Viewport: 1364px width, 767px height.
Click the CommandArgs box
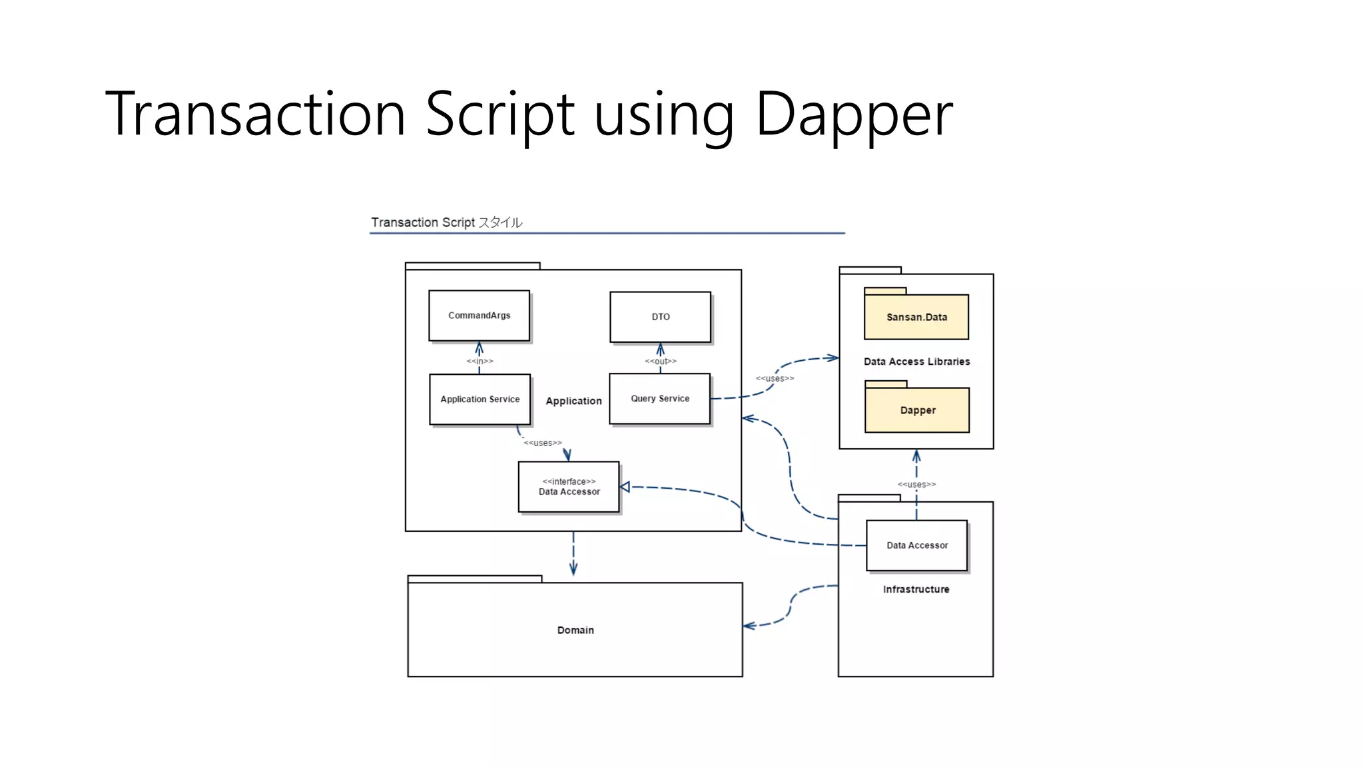(479, 316)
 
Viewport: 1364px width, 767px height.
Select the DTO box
(660, 317)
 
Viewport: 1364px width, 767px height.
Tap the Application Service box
(480, 399)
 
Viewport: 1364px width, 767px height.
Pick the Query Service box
(659, 398)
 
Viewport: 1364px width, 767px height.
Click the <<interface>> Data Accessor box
(569, 487)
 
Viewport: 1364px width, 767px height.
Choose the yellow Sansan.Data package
(916, 317)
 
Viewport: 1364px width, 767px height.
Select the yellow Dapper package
(917, 410)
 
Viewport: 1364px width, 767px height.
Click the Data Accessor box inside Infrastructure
(916, 545)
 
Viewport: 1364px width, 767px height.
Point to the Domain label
(575, 630)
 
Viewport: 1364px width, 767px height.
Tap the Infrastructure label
(916, 589)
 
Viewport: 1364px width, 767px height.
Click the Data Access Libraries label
(916, 362)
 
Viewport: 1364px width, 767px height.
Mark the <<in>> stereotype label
(480, 361)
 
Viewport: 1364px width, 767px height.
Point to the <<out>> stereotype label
(660, 361)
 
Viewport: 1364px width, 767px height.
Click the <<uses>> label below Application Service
(542, 443)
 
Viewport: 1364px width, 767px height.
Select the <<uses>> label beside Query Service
(774, 378)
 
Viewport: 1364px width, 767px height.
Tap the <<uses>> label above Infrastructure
(916, 484)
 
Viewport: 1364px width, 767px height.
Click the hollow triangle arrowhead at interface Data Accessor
(625, 487)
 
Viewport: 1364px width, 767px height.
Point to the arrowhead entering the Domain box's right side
(749, 626)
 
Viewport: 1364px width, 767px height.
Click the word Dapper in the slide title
(854, 114)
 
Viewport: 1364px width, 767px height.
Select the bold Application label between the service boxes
(573, 401)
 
